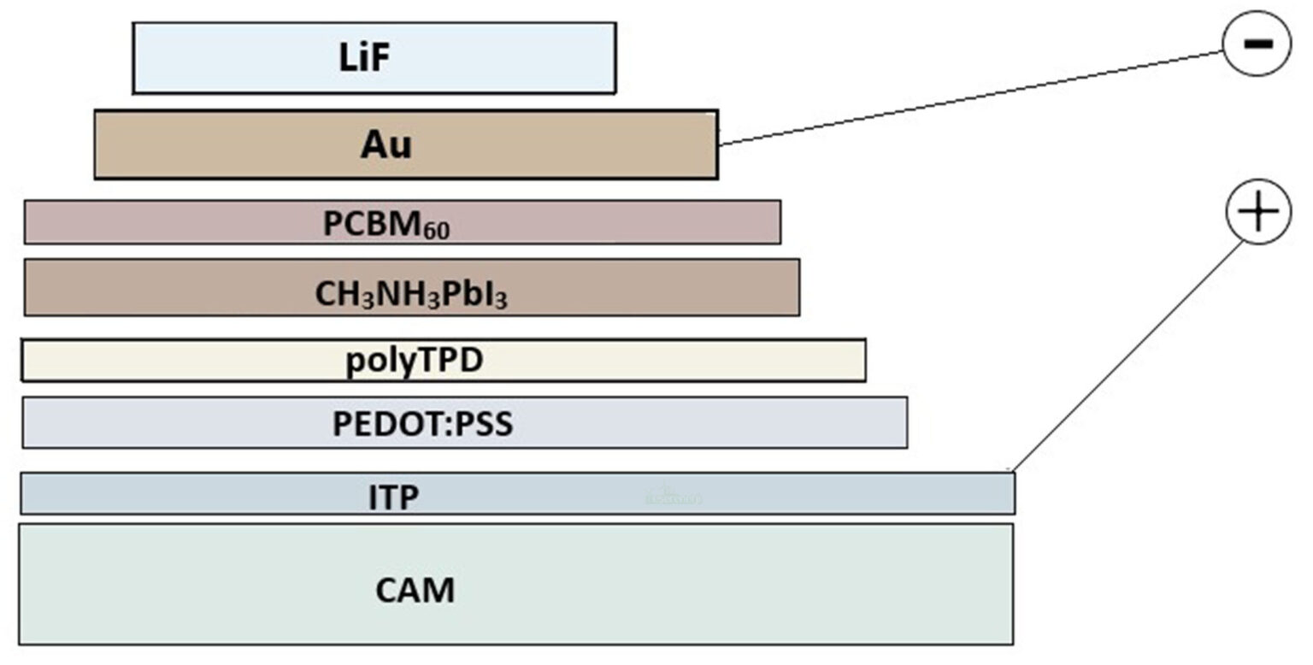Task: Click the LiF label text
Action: pos(365,58)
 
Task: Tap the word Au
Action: pos(386,145)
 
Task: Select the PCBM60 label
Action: pos(386,224)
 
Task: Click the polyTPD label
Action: pos(415,361)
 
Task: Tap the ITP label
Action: pos(394,497)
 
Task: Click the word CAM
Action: pos(415,591)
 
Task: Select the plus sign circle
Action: pos(1258,212)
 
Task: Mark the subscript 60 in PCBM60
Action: pos(435,230)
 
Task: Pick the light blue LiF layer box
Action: pos(513,58)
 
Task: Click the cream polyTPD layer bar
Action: pos(684,361)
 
